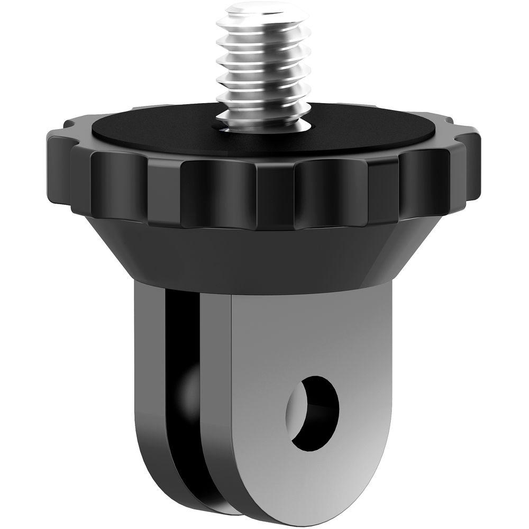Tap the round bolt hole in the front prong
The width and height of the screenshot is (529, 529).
click(x=315, y=413)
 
